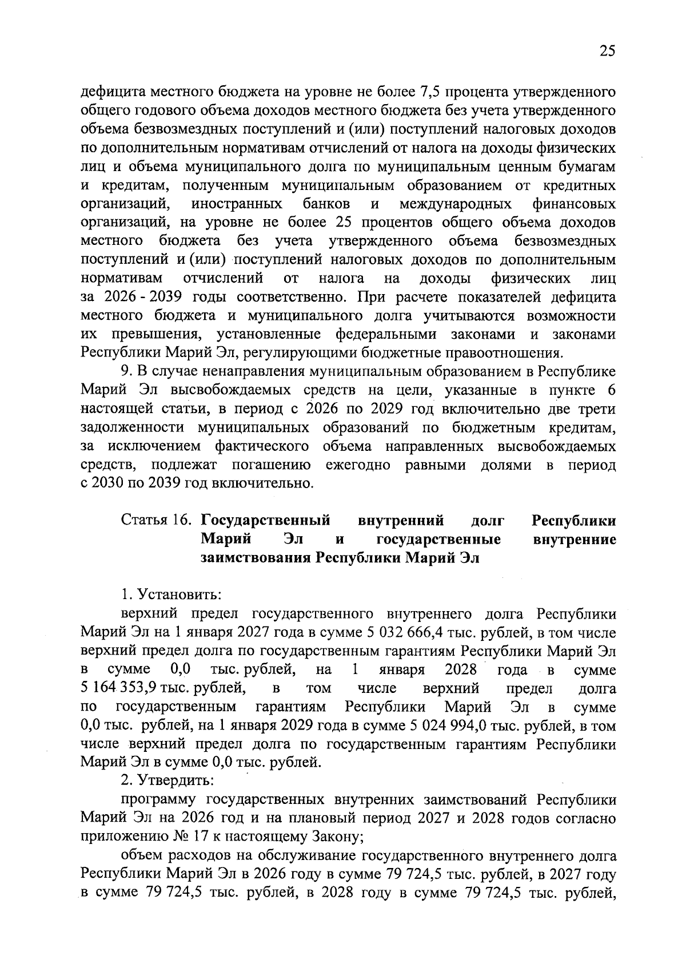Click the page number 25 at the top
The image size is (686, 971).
click(x=607, y=51)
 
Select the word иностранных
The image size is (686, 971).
click(x=237, y=204)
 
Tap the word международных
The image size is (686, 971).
click(x=456, y=204)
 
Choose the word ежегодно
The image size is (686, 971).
click(x=358, y=465)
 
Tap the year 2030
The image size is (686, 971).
click(x=107, y=483)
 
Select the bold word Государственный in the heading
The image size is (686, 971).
click(x=266, y=521)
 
